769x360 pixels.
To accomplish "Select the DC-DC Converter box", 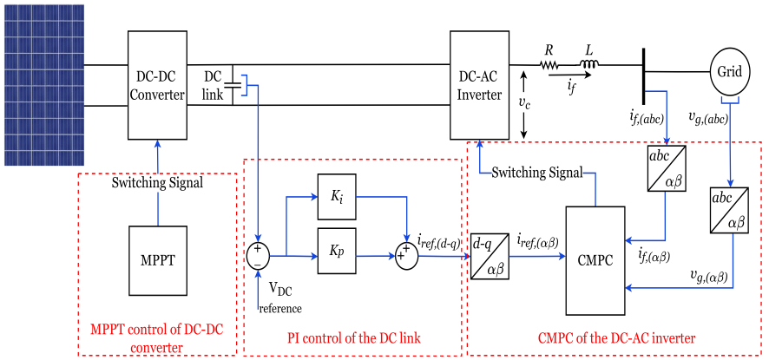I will click(157, 84).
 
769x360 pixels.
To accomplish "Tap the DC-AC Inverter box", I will click(479, 84).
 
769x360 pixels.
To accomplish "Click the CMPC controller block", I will click(595, 259).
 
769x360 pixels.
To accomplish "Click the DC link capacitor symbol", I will click(232, 85).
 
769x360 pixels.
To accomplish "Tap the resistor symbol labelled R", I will click(549, 64).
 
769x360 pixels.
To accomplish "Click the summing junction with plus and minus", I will click(259, 256).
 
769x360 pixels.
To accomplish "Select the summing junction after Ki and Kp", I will click(404, 256).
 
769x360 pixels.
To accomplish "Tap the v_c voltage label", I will click(523, 103).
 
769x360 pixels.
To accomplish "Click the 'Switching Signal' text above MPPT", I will click(157, 183).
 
